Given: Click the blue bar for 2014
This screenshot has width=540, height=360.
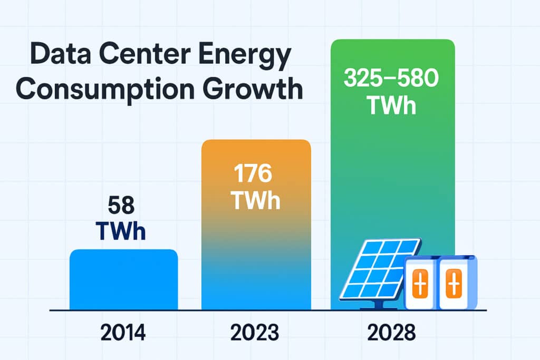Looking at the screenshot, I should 123,279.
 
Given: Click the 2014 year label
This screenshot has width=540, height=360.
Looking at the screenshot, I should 123,333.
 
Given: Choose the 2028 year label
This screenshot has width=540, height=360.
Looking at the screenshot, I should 391,333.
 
